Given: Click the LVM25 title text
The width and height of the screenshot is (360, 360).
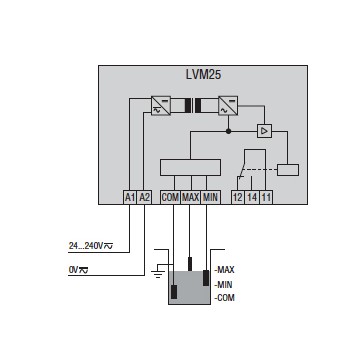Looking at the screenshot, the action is tap(203, 74).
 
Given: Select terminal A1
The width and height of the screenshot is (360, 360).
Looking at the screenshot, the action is tap(129, 198).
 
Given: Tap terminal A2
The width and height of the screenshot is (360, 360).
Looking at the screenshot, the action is tap(144, 198).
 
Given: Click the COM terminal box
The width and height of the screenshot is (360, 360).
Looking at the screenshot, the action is tap(170, 198).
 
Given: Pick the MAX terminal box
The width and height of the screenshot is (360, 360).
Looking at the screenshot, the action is tap(190, 198).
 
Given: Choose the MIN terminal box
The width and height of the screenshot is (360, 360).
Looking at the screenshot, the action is tap(210, 198).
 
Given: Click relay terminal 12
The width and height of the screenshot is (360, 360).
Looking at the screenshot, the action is tap(238, 198).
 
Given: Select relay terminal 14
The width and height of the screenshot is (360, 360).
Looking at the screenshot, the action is tap(252, 198).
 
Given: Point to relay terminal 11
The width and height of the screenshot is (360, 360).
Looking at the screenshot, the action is tap(266, 198).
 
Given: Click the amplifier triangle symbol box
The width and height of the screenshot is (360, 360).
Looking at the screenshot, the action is tap(264, 131).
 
